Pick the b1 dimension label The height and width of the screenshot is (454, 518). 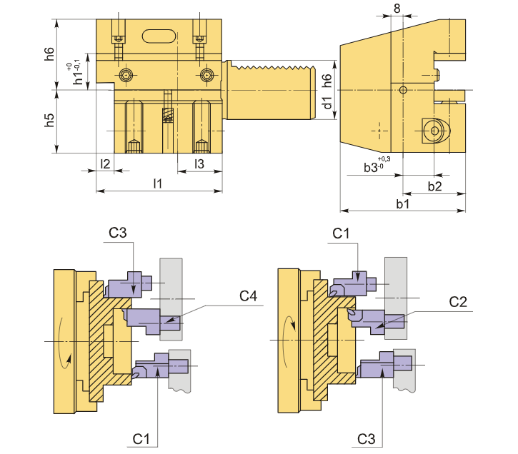pyautogui.click(x=402, y=204)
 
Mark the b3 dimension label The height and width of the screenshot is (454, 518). pyautogui.click(x=370, y=168)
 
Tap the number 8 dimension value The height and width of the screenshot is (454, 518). pyautogui.click(x=397, y=9)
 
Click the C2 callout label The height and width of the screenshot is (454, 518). pyautogui.click(x=458, y=302)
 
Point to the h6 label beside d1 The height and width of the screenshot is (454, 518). pyautogui.click(x=327, y=80)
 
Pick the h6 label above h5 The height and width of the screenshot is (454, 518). pyautogui.click(x=49, y=54)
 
